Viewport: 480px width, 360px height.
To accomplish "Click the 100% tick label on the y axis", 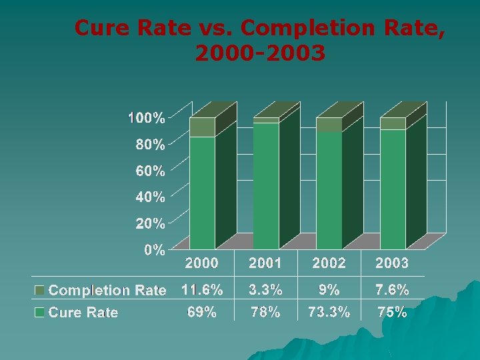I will pos(147,118).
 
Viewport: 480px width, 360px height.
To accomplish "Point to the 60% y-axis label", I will pos(150,171).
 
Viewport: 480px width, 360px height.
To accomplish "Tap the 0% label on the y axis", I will pos(154,250).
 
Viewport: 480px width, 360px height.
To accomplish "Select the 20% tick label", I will pos(150,223).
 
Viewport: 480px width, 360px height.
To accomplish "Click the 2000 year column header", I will pos(201,263).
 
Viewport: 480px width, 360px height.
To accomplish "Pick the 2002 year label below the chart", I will pos(329,263).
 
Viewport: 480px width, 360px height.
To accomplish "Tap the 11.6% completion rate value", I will pos(201,290).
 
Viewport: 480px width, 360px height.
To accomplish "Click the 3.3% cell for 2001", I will pos(265,290).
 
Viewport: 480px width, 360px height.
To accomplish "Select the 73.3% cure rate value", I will pos(329,312).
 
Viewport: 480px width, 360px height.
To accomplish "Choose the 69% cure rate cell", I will pos(201,312).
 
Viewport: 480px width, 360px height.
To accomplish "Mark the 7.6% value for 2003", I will pos(392,290).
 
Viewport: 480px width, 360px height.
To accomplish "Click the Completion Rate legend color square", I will pos(40,291).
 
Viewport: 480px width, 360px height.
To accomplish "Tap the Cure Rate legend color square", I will pos(40,312).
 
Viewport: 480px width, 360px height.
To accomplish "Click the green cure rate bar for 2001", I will pos(266,187).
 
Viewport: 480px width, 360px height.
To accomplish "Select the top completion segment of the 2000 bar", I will pos(202,127).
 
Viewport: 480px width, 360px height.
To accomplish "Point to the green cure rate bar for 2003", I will pos(393,190).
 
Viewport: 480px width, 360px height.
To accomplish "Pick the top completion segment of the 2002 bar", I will pos(329,125).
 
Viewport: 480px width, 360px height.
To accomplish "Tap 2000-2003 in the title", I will pos(260,52).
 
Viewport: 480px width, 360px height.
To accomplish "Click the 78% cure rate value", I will pos(265,312).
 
